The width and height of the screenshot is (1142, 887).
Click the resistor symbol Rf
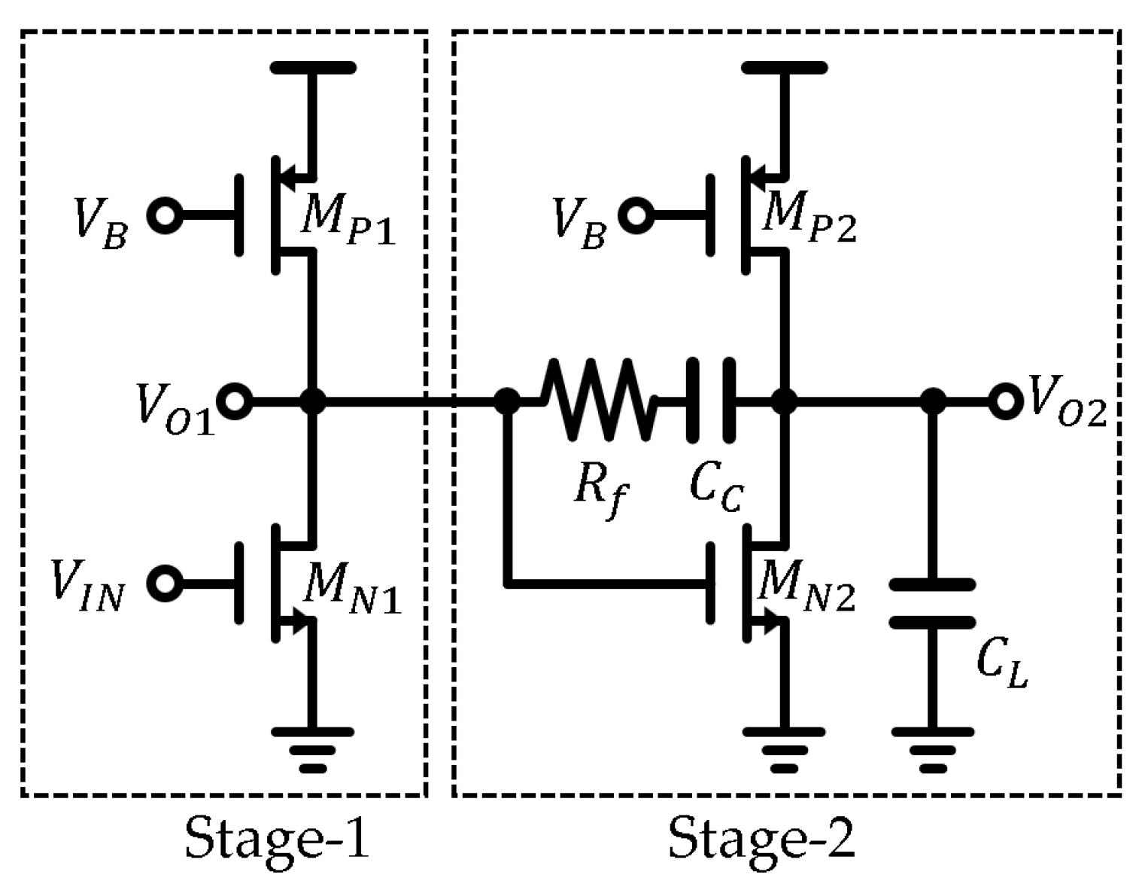coord(597,401)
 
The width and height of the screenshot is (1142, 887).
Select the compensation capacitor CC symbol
coord(709,401)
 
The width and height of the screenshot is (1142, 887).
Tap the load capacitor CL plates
coord(933,603)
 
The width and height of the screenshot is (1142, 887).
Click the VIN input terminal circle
coord(164,584)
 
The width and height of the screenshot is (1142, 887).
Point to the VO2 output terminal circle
coord(1004,401)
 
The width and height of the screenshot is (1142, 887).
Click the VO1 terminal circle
coord(235,401)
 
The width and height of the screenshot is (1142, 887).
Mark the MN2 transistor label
coord(807,591)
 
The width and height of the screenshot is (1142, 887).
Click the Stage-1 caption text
coord(278,838)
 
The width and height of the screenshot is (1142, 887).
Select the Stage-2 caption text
coord(762,838)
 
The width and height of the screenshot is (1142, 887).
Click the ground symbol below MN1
coord(313,748)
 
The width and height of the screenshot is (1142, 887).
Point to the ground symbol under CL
coord(933,748)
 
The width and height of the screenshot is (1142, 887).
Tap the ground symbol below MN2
coord(784,748)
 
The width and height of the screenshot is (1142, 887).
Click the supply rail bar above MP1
coord(313,67)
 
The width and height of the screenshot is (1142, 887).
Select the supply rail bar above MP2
coord(784,67)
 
